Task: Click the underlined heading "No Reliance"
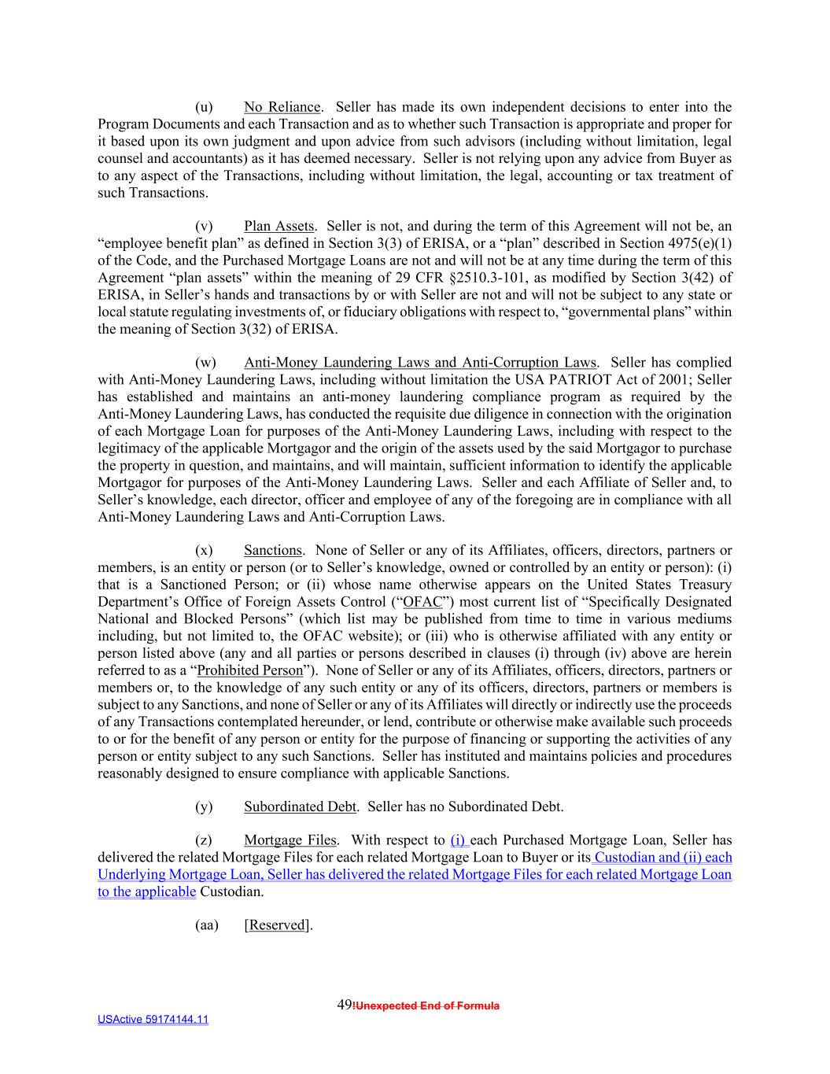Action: [x=282, y=107]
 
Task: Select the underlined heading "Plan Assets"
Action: [x=279, y=227]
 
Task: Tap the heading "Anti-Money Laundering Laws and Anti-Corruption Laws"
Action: [x=420, y=363]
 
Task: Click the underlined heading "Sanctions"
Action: [x=272, y=551]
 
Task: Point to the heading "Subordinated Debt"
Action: [x=300, y=806]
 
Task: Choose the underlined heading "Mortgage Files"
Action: [x=290, y=840]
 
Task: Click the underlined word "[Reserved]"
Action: [x=277, y=925]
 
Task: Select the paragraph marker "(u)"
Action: [x=203, y=107]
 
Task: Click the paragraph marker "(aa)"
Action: [x=206, y=925]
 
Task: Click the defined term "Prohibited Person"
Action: [x=249, y=670]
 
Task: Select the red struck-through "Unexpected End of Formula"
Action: [x=427, y=1006]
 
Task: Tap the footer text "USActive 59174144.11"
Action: [x=153, y=1020]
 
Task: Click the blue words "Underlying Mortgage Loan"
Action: [x=170, y=874]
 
